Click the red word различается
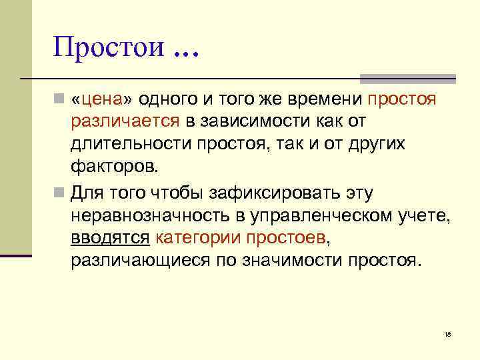click(x=125, y=122)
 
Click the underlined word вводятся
click(x=111, y=237)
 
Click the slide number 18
click(x=447, y=333)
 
